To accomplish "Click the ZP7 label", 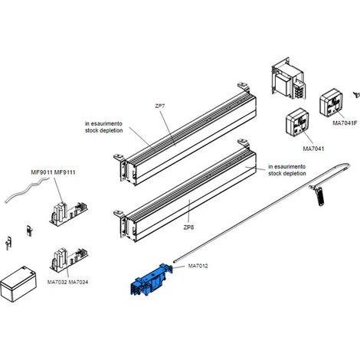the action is [x=160, y=106].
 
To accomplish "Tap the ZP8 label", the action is [x=188, y=227].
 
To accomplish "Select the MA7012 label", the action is [x=198, y=266].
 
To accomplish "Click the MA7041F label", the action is [x=345, y=123].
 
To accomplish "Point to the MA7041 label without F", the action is [x=313, y=149].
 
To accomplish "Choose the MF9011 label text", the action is [x=42, y=172].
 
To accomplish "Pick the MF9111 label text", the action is [x=65, y=172].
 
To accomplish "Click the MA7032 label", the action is [x=57, y=282].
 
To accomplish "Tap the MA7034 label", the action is [x=78, y=282].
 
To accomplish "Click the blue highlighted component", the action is [x=151, y=280].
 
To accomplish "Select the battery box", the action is [x=18, y=284].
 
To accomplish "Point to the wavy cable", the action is [x=27, y=190].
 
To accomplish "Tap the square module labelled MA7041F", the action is [x=332, y=102].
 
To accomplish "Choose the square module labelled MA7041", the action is [x=297, y=122].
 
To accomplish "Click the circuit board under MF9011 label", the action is [x=68, y=214].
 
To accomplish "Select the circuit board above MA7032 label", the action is [x=69, y=260].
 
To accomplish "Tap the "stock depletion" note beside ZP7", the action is [x=104, y=130].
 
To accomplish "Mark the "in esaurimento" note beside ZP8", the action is [x=286, y=166].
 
